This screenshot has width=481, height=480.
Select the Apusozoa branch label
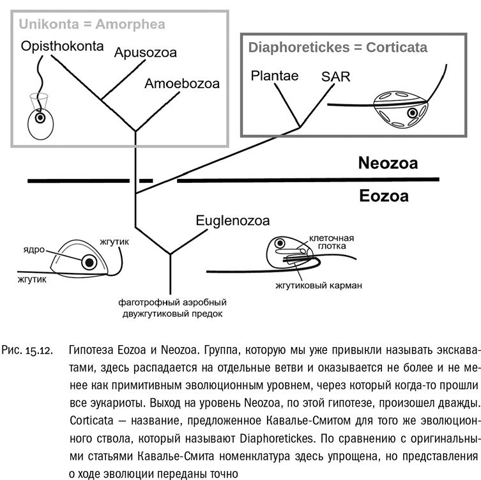145,52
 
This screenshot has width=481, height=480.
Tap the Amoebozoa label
181,84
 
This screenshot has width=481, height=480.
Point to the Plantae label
275,76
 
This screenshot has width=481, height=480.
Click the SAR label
337,76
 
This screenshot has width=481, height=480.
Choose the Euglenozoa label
233,221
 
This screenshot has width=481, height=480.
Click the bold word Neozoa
388,164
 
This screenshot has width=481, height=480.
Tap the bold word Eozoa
384,196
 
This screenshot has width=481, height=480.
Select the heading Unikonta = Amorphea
92,24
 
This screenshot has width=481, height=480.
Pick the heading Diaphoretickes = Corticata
338,47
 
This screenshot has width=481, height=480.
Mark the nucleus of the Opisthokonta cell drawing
40,118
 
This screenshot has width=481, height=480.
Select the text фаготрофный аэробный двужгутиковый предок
173,307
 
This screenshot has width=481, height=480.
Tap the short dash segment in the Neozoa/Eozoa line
146,182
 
